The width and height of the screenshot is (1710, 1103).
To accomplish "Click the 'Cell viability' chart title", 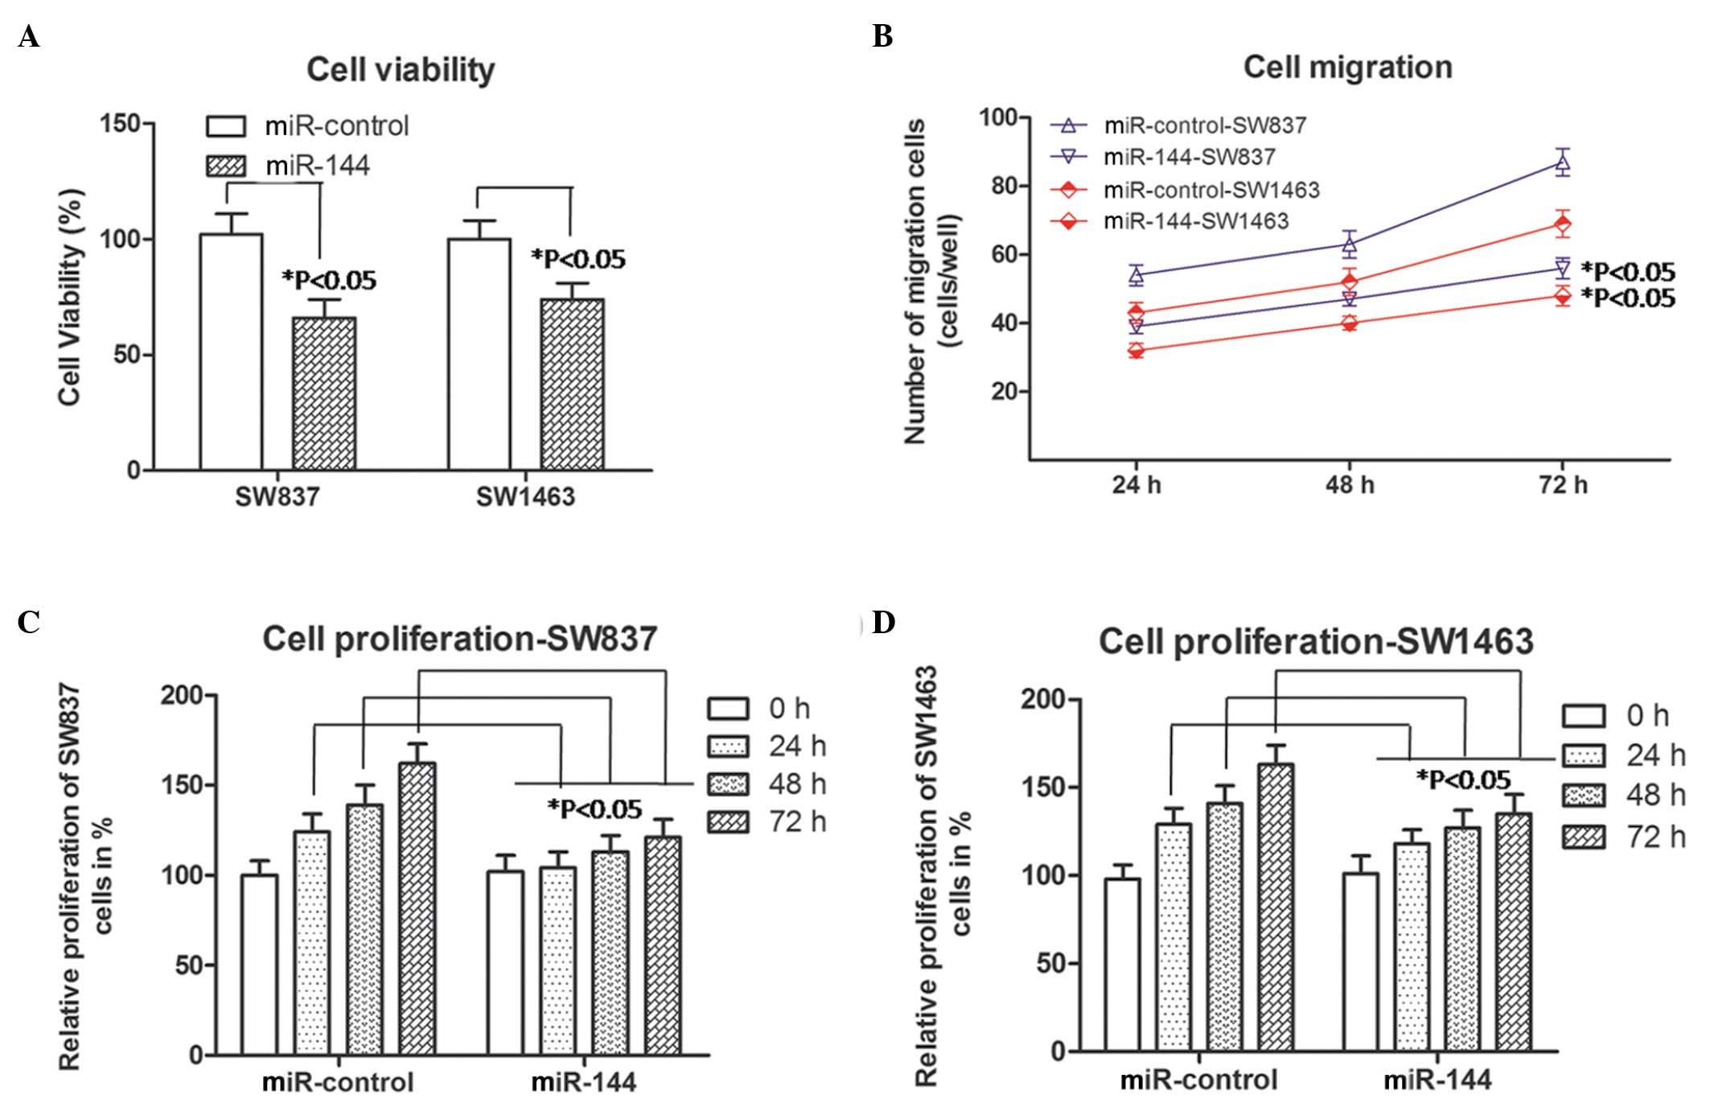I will (x=401, y=70).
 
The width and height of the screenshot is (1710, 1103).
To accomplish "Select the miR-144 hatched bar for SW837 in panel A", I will (x=324, y=393).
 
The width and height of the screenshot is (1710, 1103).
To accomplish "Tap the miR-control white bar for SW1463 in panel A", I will (x=479, y=354).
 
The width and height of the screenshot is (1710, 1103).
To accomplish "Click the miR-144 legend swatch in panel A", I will (x=226, y=166).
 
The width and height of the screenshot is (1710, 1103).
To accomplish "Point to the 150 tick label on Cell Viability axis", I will (x=120, y=124).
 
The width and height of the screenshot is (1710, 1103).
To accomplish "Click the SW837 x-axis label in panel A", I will (x=277, y=496).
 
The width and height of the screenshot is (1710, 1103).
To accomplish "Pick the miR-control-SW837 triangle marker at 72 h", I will (x=1562, y=164).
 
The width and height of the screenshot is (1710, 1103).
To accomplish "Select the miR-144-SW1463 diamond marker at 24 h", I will (x=1136, y=351).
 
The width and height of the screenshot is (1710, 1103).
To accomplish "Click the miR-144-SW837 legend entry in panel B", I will (x=1189, y=157).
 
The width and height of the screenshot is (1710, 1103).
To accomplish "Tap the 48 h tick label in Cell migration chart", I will (x=1350, y=485).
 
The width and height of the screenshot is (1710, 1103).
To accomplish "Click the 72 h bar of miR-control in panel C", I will (x=417, y=908).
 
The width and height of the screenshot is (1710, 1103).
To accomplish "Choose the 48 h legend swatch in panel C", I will (x=728, y=784).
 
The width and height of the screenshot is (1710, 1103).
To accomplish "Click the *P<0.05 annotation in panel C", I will (x=594, y=809).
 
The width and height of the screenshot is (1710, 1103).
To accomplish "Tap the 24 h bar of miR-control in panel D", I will (x=1174, y=936).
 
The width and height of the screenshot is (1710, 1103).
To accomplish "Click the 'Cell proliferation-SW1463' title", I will (x=1316, y=641).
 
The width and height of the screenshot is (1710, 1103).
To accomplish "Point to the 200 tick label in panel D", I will (x=1042, y=700).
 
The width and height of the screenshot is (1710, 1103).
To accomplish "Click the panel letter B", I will (x=882, y=37).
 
